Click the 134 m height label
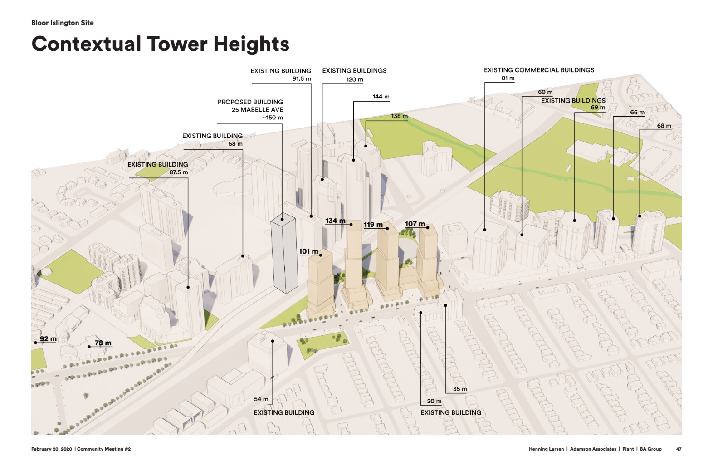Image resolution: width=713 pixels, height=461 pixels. click(335, 221)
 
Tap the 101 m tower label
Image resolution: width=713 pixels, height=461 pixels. click(308, 251)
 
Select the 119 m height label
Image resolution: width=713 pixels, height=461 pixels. click(373, 225)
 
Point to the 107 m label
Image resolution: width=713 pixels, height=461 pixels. click(415, 224)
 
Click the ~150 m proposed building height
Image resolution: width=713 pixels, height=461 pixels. click(272, 118)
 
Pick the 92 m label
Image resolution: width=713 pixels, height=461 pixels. click(48, 339)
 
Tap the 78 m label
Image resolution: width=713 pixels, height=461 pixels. click(103, 343)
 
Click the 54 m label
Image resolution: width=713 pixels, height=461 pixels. click(261, 399)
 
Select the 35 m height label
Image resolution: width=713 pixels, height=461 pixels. click(459, 389)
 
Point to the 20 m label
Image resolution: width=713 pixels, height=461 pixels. click(434, 401)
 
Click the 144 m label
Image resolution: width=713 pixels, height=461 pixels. click(381, 97)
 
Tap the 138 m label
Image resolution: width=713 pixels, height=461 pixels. click(399, 116)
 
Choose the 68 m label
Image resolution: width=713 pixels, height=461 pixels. click(664, 126)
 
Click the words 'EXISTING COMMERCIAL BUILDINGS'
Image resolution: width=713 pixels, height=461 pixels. click(539, 70)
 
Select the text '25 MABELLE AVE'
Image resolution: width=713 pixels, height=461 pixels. click(257, 110)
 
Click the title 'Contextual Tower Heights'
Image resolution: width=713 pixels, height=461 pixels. click(160, 44)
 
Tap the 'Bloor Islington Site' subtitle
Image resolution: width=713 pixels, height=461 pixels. click(63, 23)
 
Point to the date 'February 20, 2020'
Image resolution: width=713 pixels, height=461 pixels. click(52, 449)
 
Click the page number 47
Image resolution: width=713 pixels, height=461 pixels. click(679, 449)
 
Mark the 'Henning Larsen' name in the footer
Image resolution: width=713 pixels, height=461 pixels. click(546, 449)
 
